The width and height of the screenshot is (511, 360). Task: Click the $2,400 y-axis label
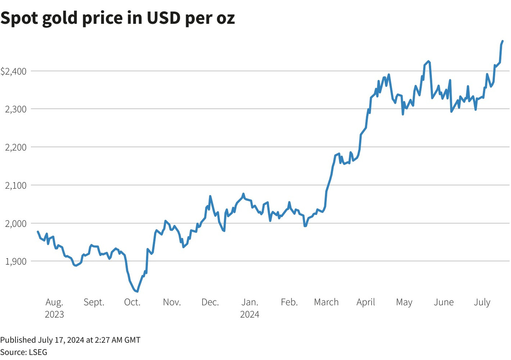(x=14, y=71)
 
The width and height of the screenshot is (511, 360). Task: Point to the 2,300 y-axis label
(x=16, y=109)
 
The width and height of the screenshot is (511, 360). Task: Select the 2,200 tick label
(x=16, y=147)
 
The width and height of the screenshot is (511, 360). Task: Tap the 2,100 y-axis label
(x=16, y=186)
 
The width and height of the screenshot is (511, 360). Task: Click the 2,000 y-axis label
(x=16, y=224)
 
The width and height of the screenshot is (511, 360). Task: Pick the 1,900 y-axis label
(x=16, y=261)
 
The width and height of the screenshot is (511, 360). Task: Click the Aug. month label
(x=54, y=302)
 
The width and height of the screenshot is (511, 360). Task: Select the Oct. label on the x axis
(x=132, y=302)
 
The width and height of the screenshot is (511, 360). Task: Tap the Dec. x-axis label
(x=210, y=302)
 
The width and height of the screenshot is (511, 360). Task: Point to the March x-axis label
(x=326, y=302)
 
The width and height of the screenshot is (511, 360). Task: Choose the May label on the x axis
(x=404, y=302)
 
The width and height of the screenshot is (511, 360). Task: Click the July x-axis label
(x=482, y=302)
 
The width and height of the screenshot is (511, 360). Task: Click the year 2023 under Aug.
(x=54, y=314)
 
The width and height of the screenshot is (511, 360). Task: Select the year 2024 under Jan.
(x=250, y=314)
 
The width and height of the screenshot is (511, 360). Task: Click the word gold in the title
(x=58, y=18)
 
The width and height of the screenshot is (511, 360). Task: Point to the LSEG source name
(x=38, y=352)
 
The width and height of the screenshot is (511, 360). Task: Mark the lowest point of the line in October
(x=137, y=291)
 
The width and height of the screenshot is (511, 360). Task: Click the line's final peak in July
(x=503, y=41)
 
